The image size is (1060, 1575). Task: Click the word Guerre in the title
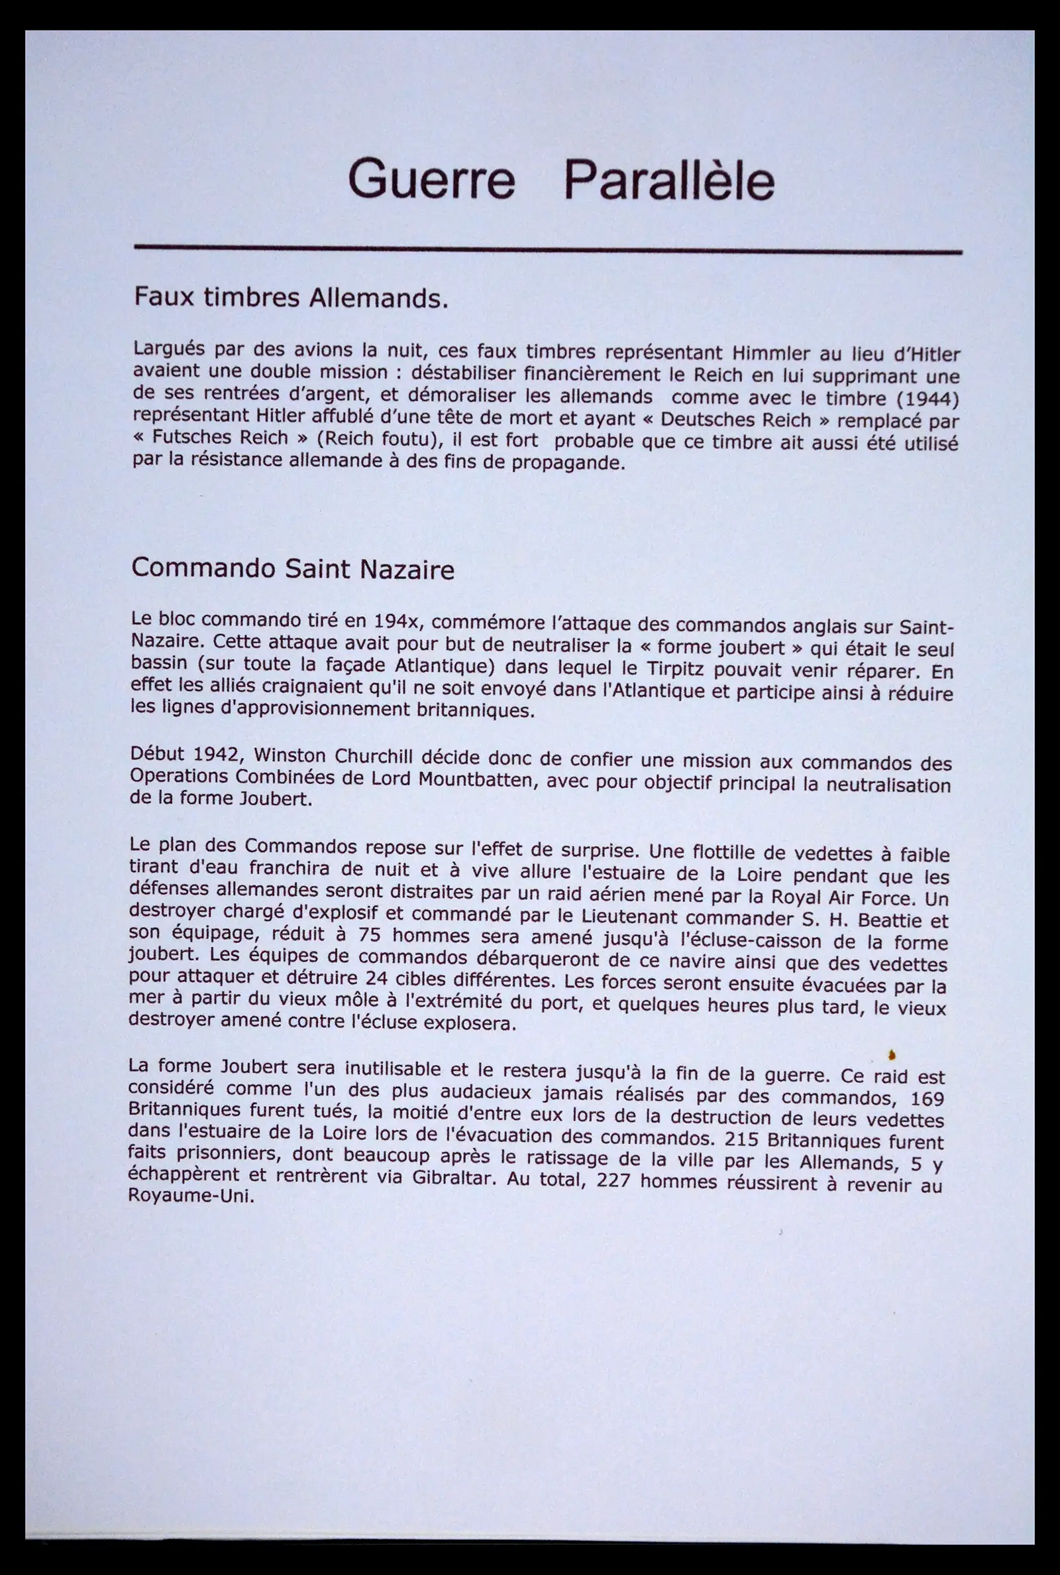(x=431, y=179)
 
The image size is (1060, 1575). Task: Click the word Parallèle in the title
(x=668, y=180)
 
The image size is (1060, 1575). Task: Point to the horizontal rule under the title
(x=548, y=249)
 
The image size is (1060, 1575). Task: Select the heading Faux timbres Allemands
(x=291, y=298)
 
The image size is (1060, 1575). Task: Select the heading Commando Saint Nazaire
(x=292, y=569)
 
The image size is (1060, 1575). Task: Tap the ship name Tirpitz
(x=676, y=669)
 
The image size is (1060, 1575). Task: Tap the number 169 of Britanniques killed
(x=926, y=1099)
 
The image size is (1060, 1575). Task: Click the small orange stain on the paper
(x=892, y=1053)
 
